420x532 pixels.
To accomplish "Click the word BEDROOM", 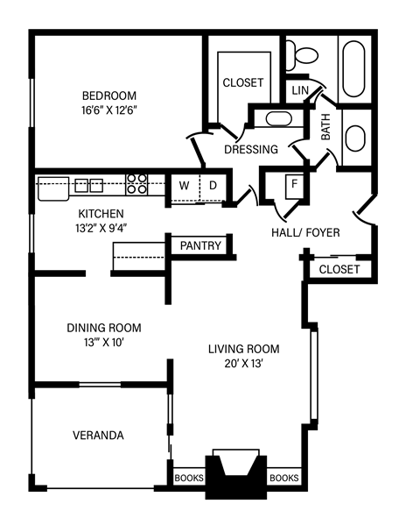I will click(x=110, y=96).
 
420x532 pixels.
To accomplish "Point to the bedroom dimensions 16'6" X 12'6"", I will click(x=110, y=110).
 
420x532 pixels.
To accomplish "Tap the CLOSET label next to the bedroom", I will click(x=242, y=82).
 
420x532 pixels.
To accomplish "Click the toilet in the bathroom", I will click(x=305, y=55).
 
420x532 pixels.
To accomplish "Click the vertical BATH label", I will click(x=325, y=130).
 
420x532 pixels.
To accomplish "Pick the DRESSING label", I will click(x=250, y=149).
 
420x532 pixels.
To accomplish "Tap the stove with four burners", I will click(x=137, y=183).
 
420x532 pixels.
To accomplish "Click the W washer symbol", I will click(x=185, y=185).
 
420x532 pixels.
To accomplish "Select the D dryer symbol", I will click(x=212, y=185).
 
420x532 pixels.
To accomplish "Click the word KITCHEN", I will click(x=101, y=214).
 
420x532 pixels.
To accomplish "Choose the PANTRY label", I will click(x=200, y=245).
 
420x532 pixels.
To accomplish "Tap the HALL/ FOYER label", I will click(x=304, y=231).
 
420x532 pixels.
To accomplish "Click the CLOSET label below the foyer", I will click(x=339, y=269).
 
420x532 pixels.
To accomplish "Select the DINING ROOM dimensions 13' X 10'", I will click(x=103, y=343).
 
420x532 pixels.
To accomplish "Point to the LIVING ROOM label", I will click(x=236, y=349).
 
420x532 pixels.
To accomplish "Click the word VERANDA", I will click(x=97, y=435).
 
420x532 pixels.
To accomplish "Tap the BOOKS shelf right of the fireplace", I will click(x=283, y=479).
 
